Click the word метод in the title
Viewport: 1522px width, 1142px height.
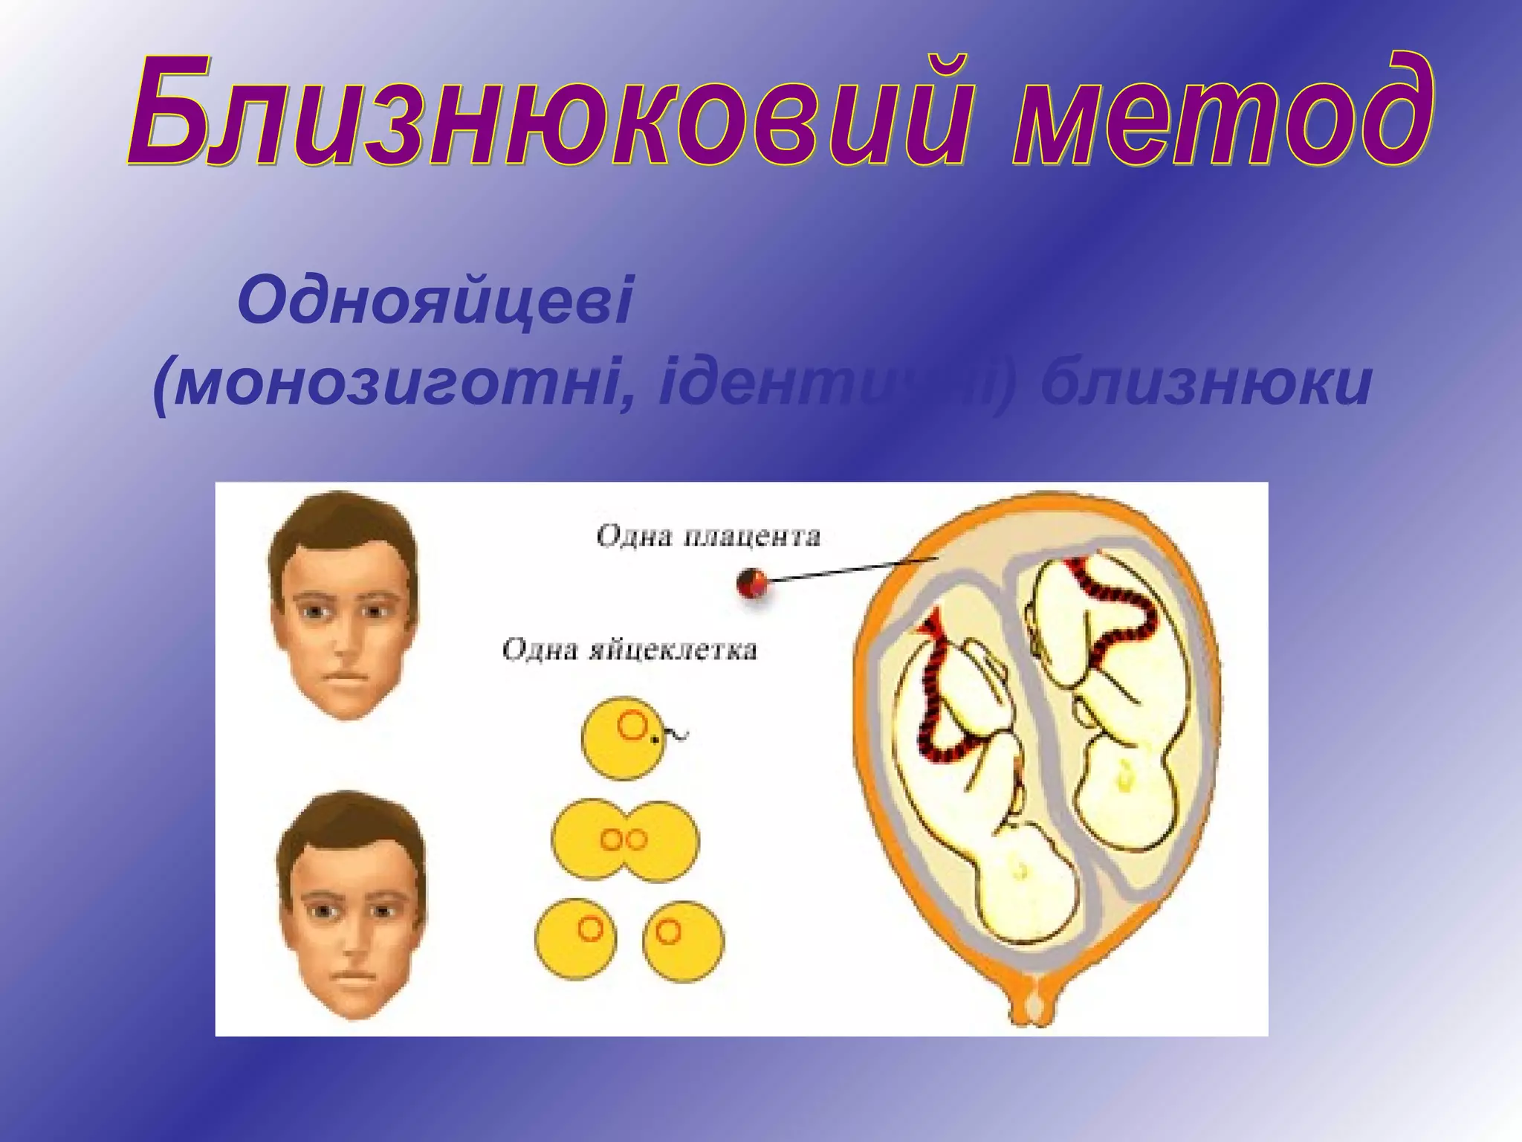pyautogui.click(x=1219, y=112)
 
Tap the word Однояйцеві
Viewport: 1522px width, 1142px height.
pyautogui.click(x=435, y=301)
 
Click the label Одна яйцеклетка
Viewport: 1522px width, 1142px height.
pyautogui.click(x=629, y=650)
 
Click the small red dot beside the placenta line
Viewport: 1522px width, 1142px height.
pyautogui.click(x=752, y=584)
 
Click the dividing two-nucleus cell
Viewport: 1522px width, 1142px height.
pyautogui.click(x=625, y=840)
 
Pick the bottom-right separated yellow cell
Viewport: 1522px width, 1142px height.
pyautogui.click(x=682, y=941)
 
